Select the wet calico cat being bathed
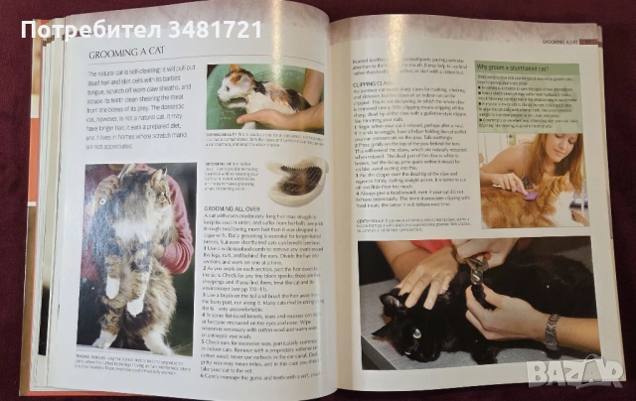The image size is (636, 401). [253, 95]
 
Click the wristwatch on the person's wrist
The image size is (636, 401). [551, 333]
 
